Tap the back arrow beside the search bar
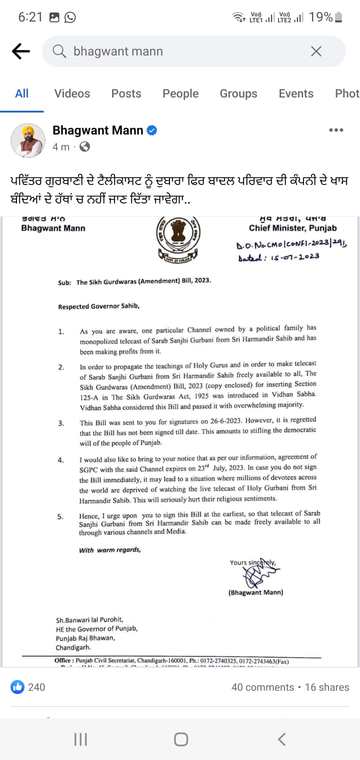pyautogui.click(x=21, y=51)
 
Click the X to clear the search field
pyautogui.click(x=316, y=51)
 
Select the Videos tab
pyautogui.click(x=72, y=93)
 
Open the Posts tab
pyautogui.click(x=126, y=93)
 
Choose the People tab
pyautogui.click(x=180, y=93)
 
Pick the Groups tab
pyautogui.click(x=238, y=93)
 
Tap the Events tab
pyautogui.click(x=296, y=93)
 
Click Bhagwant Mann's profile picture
pyautogui.click(x=28, y=139)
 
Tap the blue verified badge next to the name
pyautogui.click(x=152, y=130)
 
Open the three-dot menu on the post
pyautogui.click(x=336, y=130)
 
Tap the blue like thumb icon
pyautogui.click(x=17, y=687)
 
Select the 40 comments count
pyautogui.click(x=262, y=687)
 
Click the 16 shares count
pyautogui.click(x=327, y=687)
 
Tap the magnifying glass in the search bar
pyautogui.click(x=59, y=51)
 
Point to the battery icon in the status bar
pyautogui.click(x=339, y=17)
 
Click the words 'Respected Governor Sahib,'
pyautogui.click(x=99, y=306)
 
